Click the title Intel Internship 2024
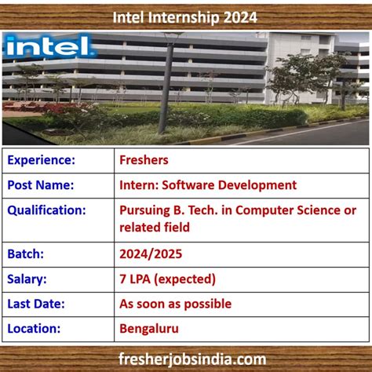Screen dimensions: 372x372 (184, 16)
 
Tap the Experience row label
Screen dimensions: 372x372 (42, 160)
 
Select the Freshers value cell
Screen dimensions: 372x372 (144, 160)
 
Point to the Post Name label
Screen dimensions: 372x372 (41, 185)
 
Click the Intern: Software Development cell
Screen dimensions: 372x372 (208, 185)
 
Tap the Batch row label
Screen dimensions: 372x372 (27, 254)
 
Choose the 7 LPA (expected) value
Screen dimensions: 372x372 (167, 279)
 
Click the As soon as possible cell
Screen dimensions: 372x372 (175, 304)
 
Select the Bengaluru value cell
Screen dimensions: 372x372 (148, 328)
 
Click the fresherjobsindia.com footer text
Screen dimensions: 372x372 (186, 359)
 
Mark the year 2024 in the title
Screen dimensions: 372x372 (239, 16)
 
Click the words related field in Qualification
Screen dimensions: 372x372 (155, 228)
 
